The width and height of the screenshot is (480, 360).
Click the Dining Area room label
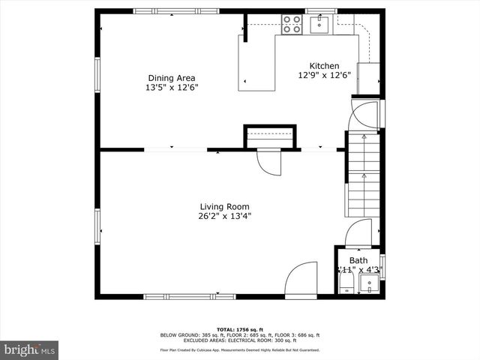[171, 77]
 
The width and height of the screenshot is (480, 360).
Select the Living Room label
[224, 206]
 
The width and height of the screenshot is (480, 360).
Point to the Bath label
[359, 260]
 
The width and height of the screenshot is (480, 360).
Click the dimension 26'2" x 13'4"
[224, 216]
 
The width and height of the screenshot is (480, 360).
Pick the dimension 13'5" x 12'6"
[171, 87]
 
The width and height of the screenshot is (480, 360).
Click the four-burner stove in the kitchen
[292, 25]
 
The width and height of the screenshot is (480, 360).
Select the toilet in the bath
[346, 283]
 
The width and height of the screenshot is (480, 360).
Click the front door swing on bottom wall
[303, 279]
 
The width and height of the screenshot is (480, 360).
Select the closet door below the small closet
[268, 161]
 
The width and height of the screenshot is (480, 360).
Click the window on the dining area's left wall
[97, 75]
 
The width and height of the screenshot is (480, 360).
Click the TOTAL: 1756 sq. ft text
[239, 329]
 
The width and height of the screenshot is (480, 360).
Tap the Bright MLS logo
[30, 349]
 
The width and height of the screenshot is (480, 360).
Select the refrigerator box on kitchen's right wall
[369, 78]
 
